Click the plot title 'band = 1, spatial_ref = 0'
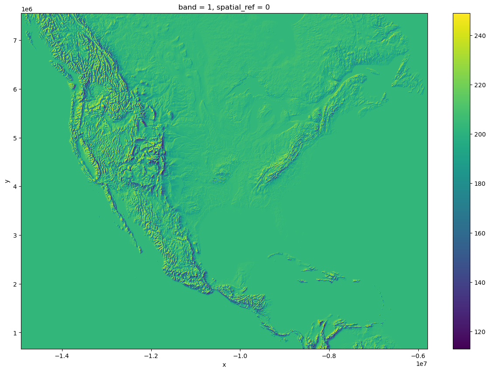click(x=224, y=7)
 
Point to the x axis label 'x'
click(x=224, y=365)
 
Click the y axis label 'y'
click(x=7, y=181)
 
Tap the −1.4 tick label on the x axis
click(x=62, y=355)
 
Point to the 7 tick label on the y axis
click(x=14, y=41)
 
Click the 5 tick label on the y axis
click(x=14, y=138)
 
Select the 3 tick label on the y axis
click(x=14, y=235)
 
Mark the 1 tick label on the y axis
click(x=14, y=333)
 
